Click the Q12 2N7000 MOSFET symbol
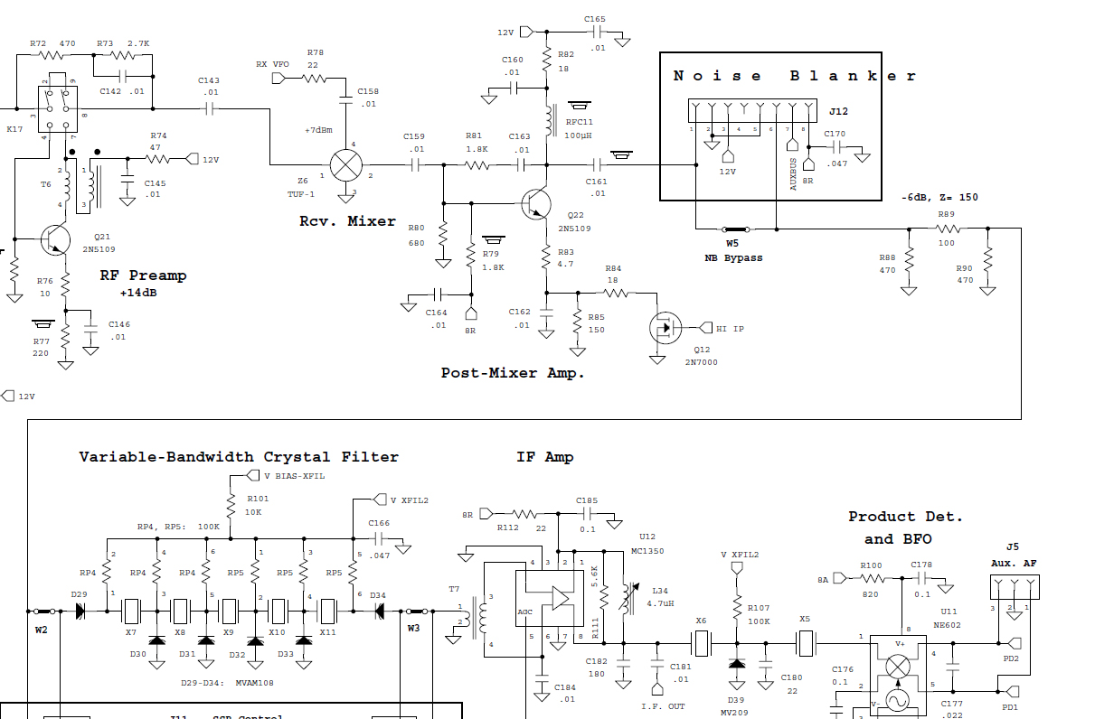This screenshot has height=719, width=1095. (x=665, y=328)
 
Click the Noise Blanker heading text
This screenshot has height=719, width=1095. (x=795, y=76)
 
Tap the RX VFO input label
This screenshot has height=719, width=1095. (x=273, y=64)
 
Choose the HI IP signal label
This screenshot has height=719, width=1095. (x=730, y=329)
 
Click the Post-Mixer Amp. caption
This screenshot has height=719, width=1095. (x=513, y=372)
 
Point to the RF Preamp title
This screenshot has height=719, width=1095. (x=143, y=275)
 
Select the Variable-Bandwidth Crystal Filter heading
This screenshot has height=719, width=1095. (x=239, y=457)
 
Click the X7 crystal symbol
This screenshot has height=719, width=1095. (x=131, y=611)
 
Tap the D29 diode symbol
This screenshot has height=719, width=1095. (x=80, y=611)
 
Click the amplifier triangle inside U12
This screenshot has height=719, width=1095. (x=560, y=598)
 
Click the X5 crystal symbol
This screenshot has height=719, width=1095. (x=806, y=643)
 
